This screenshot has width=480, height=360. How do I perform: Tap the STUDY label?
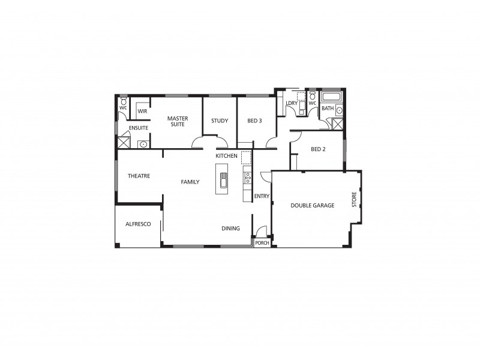(x=220, y=121)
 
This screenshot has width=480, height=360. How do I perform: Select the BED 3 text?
(x=254, y=121)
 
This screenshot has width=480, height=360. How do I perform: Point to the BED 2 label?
(x=318, y=149)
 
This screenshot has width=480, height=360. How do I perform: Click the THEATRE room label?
(x=139, y=176)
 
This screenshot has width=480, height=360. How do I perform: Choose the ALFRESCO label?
(x=138, y=224)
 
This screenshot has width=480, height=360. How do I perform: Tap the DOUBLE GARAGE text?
(x=312, y=205)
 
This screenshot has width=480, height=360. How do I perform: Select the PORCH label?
(x=262, y=243)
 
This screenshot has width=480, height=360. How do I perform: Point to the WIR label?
(x=142, y=112)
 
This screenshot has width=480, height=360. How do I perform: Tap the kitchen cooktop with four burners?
(x=247, y=178)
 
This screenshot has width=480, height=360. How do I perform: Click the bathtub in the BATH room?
(x=331, y=97)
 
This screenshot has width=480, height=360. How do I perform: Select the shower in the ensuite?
(x=124, y=142)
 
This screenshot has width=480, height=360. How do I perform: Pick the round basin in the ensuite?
(x=143, y=144)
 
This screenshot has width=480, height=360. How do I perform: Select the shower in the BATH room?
(x=337, y=125)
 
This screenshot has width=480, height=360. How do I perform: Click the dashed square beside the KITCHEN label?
(x=246, y=158)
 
